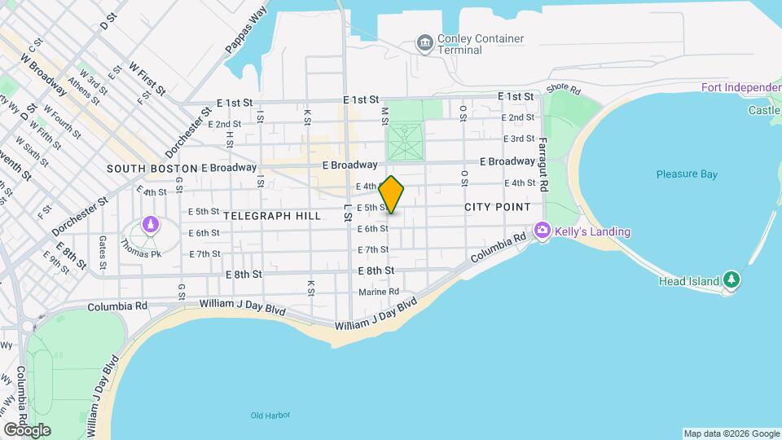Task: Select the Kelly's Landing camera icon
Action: [543, 232]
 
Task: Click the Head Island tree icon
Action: [731, 280]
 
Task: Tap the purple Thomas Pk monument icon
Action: [149, 224]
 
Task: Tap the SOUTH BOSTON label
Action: [152, 169]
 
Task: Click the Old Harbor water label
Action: [270, 416]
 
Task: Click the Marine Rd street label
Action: [379, 292]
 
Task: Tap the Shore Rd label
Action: [563, 89]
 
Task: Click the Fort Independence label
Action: [740, 87]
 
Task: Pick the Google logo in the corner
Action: [27, 429]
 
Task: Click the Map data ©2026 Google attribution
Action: [731, 433]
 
